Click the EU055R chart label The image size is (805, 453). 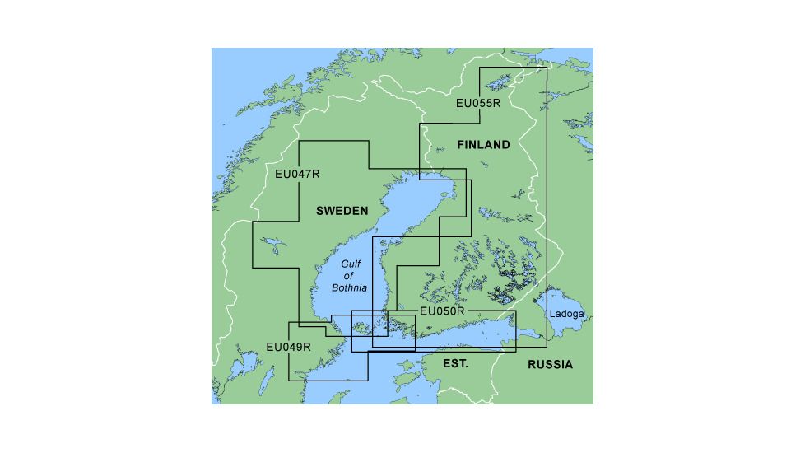(x=478, y=104)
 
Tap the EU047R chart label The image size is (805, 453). (x=297, y=174)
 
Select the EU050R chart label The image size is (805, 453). (x=443, y=311)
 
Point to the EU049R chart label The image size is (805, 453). (x=289, y=347)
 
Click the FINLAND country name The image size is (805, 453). (x=483, y=145)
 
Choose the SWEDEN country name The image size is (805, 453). (x=342, y=212)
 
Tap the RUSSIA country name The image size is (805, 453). (x=550, y=364)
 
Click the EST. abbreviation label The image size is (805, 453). (x=455, y=363)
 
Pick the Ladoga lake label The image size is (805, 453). (x=566, y=314)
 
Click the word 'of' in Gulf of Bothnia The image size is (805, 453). (x=348, y=276)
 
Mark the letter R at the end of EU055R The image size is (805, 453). (x=496, y=104)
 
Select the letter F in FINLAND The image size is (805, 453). (x=461, y=145)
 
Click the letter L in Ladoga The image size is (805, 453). (x=552, y=314)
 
